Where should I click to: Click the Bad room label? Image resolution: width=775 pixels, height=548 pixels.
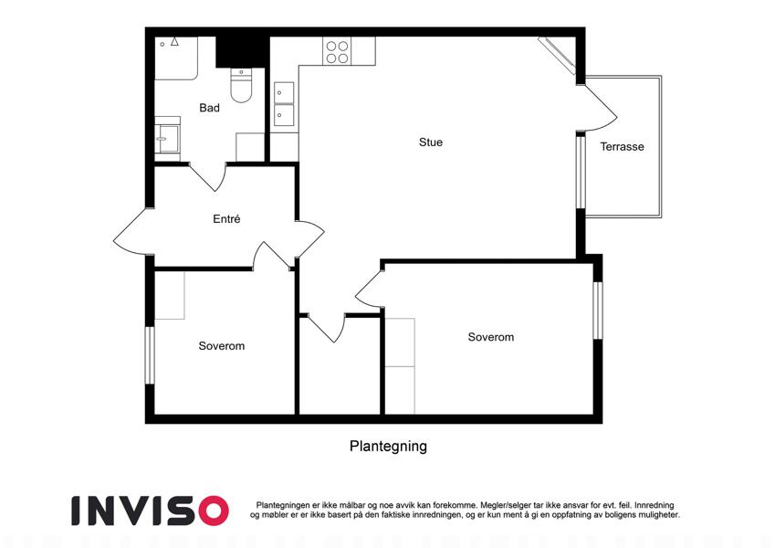coord(209,108)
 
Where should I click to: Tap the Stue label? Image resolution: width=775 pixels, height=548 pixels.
coord(431,142)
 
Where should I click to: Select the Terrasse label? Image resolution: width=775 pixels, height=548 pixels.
coord(622,146)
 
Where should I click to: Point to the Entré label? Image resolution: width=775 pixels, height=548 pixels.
coord(226,218)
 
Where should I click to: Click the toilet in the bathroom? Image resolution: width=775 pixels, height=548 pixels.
coord(241,86)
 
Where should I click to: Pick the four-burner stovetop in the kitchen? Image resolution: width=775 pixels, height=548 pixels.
coord(337,52)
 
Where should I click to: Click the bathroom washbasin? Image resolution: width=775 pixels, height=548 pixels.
coord(168,139)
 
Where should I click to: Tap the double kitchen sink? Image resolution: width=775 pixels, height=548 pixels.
coord(284,104)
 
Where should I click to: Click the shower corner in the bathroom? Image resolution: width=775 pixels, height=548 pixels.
coord(176,58)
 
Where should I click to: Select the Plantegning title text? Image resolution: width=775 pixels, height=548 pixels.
coord(388,446)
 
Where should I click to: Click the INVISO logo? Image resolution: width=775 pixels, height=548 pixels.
coord(151,511)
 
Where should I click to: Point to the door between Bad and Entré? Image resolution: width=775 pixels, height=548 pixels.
coord(207,176)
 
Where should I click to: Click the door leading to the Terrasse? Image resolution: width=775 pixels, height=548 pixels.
coord(597,109)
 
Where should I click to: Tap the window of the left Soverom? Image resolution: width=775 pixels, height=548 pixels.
coord(150,355)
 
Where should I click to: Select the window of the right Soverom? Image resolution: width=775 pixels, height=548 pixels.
coord(598,311)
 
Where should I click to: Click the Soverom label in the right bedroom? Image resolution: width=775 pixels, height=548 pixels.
coord(491,337)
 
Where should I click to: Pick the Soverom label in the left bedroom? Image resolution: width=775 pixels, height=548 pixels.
coord(222,346)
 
